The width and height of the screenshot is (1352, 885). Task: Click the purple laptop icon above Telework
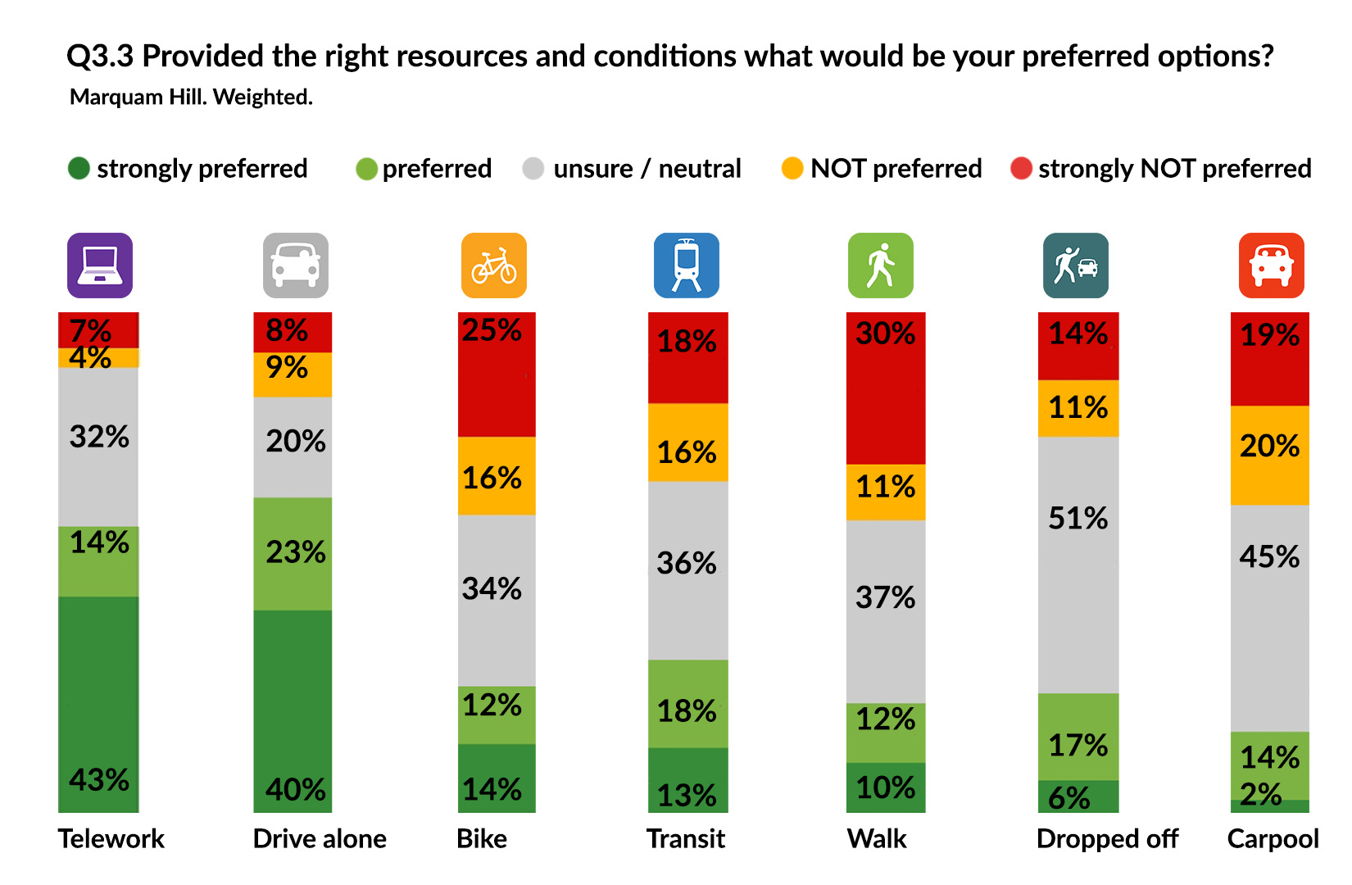[x=99, y=265]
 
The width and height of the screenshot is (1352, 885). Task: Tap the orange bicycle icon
[x=493, y=265]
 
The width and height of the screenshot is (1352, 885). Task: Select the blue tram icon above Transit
[x=686, y=265]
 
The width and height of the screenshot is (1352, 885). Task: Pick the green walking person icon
[x=880, y=265]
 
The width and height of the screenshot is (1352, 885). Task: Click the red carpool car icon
[x=1271, y=265]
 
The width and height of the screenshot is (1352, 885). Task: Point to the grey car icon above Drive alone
[x=295, y=265]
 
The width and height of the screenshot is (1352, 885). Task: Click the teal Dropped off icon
[x=1075, y=265]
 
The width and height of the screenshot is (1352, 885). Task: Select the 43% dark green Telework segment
[x=98, y=704]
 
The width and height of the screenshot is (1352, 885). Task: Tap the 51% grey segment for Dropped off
[x=1078, y=565]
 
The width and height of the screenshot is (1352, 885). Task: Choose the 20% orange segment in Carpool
[x=1270, y=455]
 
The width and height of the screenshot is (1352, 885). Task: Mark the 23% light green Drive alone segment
[x=293, y=553]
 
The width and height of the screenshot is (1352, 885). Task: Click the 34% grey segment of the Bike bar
[x=497, y=600]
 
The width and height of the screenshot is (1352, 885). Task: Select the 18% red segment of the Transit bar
[x=687, y=357]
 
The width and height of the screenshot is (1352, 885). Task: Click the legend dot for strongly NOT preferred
[x=1021, y=169]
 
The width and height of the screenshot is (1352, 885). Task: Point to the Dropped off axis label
[x=1107, y=838]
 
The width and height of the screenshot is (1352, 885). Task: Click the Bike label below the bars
[x=482, y=838]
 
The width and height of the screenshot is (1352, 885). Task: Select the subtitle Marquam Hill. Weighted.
[x=191, y=97]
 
